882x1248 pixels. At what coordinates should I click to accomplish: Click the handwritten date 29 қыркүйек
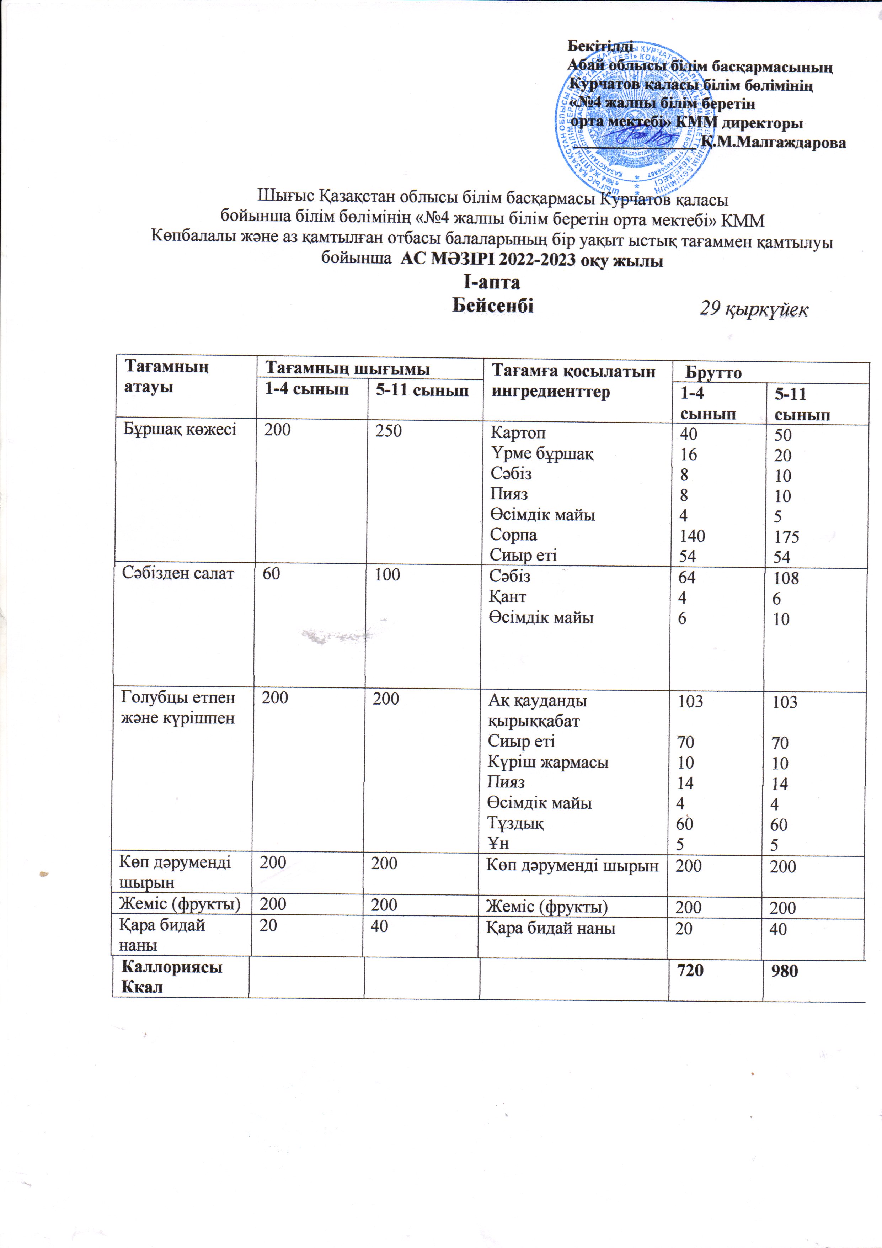pyautogui.click(x=753, y=309)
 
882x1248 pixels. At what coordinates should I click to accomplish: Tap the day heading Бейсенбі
pyautogui.click(x=493, y=306)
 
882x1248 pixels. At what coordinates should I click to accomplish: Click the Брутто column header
pyautogui.click(x=713, y=373)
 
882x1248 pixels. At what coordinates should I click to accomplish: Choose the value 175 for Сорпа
pyautogui.click(x=786, y=537)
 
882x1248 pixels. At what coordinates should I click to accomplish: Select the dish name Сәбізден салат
pyautogui.click(x=178, y=573)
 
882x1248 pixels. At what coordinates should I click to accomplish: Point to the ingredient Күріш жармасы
pyautogui.click(x=548, y=762)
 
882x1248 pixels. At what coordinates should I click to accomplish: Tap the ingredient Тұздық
pyautogui.click(x=515, y=823)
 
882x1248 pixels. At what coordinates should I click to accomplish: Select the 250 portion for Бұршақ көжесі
pyautogui.click(x=388, y=430)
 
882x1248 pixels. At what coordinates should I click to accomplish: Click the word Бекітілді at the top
pyautogui.click(x=600, y=46)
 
